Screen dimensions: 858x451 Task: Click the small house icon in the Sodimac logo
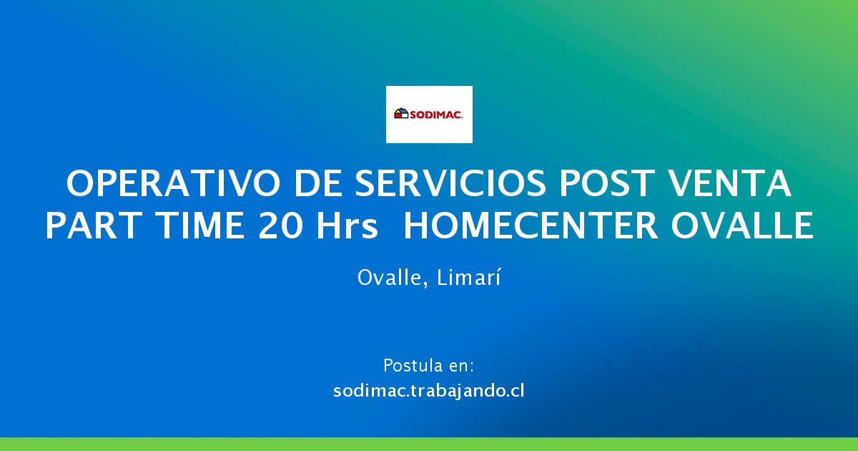pyautogui.click(x=401, y=114)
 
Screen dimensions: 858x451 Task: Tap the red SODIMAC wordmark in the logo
pyautogui.click(x=437, y=115)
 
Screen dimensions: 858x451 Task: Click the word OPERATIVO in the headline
pyautogui.click(x=173, y=183)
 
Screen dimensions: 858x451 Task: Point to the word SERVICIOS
pyautogui.click(x=450, y=183)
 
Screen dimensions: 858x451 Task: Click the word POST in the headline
pyautogui.click(x=607, y=183)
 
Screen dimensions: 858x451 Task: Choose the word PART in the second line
pyautogui.click(x=93, y=226)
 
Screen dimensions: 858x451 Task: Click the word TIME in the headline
pyautogui.click(x=200, y=226)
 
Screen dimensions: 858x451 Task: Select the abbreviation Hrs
pyautogui.click(x=347, y=226)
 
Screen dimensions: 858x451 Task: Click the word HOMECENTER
pyautogui.click(x=531, y=226)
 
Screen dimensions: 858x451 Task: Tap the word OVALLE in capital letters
pyautogui.click(x=742, y=226)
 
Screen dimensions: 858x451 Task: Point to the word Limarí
pyautogui.click(x=468, y=277)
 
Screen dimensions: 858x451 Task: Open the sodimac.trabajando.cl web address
pyautogui.click(x=428, y=391)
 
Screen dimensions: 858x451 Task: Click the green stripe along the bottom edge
pyautogui.click(x=429, y=444)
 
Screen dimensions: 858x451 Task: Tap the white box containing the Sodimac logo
pyautogui.click(x=429, y=115)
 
